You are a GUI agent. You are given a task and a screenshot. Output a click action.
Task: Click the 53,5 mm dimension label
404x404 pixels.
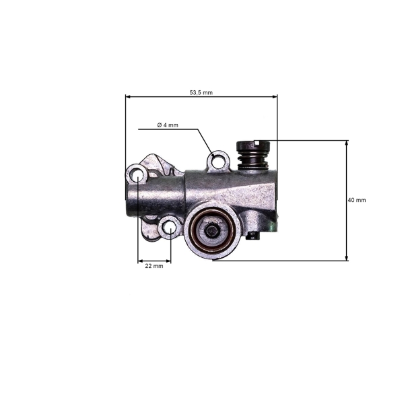click(x=201, y=92)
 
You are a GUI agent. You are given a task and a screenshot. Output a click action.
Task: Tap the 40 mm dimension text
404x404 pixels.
click(x=357, y=201)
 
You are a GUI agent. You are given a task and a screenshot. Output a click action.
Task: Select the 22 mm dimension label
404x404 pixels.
click(x=154, y=266)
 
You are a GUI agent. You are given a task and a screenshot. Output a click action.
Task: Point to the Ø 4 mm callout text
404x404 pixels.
click(x=168, y=125)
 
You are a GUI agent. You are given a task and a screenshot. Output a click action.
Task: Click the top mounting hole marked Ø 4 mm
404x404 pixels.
click(x=215, y=160)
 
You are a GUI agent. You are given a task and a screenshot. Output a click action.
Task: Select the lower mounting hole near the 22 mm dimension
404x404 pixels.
click(x=170, y=229)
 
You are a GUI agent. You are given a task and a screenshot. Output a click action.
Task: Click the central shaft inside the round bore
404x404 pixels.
click(x=213, y=231)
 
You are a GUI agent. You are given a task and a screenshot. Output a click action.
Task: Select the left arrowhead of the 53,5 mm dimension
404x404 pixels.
click(x=129, y=96)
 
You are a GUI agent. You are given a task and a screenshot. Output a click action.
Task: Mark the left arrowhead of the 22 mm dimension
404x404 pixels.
click(x=140, y=261)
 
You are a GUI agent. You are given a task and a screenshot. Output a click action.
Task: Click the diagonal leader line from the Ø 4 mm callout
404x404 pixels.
click(x=205, y=141)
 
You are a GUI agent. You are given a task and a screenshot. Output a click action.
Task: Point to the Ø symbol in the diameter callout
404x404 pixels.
click(x=159, y=125)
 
